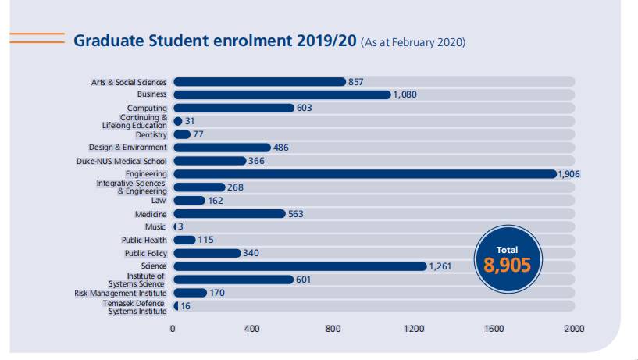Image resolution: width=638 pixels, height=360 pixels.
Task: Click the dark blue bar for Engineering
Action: tap(364, 173)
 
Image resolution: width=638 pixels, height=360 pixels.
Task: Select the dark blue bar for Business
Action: tap(281, 94)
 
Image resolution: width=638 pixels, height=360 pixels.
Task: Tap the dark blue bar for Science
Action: tap(299, 266)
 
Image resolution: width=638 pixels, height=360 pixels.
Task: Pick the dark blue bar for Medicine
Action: tap(229, 213)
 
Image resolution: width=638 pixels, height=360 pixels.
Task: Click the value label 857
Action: tap(356, 81)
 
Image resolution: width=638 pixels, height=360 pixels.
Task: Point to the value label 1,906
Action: tap(568, 174)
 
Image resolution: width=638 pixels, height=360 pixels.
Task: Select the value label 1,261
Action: tap(440, 266)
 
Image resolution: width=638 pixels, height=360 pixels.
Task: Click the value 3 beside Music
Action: tap(180, 226)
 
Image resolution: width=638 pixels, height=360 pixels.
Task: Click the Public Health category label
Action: tap(144, 240)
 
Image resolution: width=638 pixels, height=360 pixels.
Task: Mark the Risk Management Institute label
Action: tap(120, 293)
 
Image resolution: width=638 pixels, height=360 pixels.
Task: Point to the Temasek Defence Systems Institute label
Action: tap(137, 307)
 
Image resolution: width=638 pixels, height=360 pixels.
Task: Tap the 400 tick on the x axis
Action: tap(252, 329)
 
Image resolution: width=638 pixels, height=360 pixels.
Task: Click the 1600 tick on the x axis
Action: tap(494, 329)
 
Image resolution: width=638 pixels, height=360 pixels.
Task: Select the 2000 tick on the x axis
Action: tap(574, 329)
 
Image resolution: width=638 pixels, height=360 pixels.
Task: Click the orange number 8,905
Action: tap(507, 265)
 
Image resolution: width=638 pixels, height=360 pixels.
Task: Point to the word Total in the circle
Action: tap(507, 249)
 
